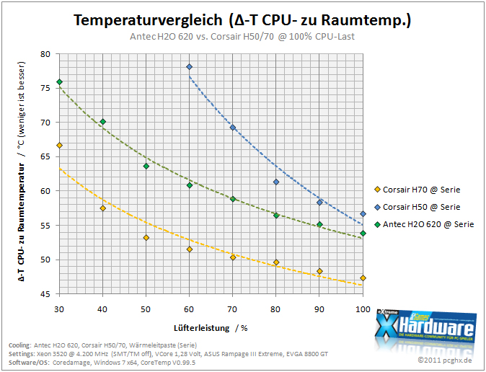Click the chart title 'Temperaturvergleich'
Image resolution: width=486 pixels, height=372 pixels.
(x=148, y=20)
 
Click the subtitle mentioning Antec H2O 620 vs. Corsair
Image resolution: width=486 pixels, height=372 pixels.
(x=242, y=37)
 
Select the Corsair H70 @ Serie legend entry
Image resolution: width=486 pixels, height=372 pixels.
(x=417, y=190)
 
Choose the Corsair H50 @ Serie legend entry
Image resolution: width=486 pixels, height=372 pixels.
(x=417, y=207)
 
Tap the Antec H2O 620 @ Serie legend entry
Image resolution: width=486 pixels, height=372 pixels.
(x=424, y=224)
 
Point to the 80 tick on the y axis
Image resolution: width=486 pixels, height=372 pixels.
(x=45, y=54)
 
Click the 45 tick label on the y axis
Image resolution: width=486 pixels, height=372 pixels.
(x=45, y=294)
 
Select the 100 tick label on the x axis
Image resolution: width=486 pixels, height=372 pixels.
(x=363, y=309)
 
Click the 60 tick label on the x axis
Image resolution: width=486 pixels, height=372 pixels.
(x=189, y=309)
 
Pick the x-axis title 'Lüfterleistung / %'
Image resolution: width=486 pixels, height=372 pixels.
(x=211, y=328)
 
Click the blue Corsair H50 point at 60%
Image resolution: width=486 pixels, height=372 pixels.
(x=190, y=66)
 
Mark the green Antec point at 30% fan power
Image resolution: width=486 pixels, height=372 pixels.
(x=60, y=82)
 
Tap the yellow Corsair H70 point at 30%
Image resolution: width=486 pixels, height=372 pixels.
(x=60, y=146)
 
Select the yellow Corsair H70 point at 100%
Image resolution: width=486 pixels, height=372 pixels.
(x=363, y=278)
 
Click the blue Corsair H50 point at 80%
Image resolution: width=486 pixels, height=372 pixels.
(x=276, y=182)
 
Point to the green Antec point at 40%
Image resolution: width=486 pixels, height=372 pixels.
(x=103, y=122)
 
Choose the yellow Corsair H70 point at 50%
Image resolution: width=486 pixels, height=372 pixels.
(x=146, y=238)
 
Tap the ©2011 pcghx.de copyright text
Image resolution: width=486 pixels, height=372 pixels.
(x=445, y=360)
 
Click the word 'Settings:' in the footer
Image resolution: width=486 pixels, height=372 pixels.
(x=22, y=354)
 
